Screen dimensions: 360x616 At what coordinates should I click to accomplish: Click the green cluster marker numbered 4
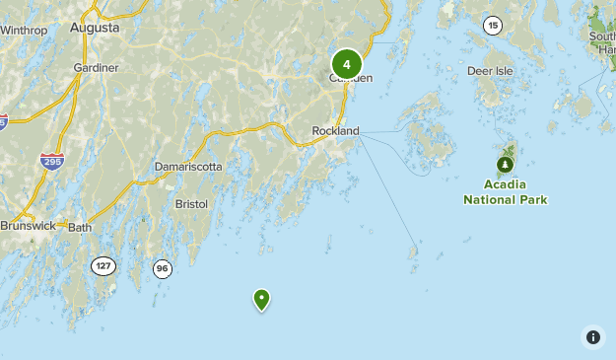click(347, 64)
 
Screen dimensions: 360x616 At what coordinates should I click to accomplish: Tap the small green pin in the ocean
click(261, 298)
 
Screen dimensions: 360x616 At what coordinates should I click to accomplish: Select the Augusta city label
click(95, 28)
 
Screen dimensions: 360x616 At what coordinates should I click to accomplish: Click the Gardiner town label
click(96, 67)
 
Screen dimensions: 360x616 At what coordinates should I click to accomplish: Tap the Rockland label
click(335, 130)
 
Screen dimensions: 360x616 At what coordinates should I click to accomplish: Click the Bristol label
click(191, 203)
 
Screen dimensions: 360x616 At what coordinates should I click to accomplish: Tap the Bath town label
click(80, 228)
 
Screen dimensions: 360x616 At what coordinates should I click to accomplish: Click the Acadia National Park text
click(505, 191)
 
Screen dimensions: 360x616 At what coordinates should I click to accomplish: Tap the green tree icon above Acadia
click(505, 164)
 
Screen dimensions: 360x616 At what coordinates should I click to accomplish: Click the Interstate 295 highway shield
click(52, 161)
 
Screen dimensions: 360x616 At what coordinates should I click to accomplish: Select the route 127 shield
click(103, 265)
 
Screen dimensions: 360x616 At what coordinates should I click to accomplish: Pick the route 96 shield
click(162, 267)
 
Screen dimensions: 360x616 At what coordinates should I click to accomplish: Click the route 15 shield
click(493, 26)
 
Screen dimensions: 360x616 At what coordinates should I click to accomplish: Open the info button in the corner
click(592, 336)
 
